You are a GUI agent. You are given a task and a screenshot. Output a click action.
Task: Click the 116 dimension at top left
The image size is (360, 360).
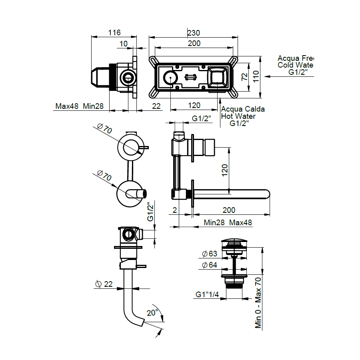click(114, 32)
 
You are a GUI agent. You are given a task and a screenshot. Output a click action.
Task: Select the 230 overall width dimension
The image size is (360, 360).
click(194, 32)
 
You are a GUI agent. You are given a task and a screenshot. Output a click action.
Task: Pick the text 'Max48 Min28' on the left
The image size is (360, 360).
click(80, 106)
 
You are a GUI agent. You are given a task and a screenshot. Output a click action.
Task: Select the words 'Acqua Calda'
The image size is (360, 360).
click(243, 109)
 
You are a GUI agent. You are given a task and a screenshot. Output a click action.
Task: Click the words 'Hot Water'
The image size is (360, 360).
click(239, 116)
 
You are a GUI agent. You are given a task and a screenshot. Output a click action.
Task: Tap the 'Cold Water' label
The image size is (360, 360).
click(296, 65)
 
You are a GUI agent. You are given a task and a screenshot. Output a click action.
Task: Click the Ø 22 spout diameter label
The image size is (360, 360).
click(104, 284)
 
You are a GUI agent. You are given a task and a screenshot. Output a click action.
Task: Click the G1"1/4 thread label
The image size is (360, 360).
click(207, 294)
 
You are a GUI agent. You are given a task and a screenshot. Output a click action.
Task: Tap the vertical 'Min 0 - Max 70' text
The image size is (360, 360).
click(258, 303)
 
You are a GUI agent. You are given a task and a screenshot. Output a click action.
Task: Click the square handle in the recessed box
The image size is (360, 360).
click(218, 77)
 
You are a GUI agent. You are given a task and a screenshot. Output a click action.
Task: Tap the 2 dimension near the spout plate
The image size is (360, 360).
click(175, 210)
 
